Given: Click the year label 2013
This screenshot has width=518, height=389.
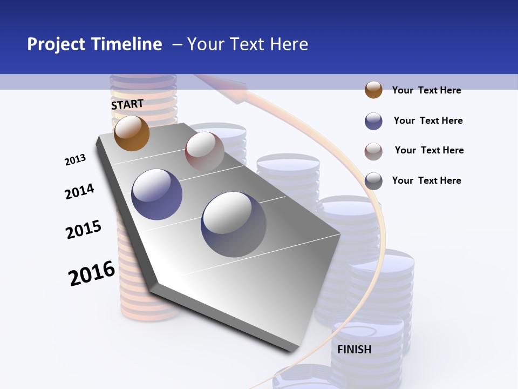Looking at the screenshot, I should click(75, 160).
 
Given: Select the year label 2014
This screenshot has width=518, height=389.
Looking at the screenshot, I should click(79, 191).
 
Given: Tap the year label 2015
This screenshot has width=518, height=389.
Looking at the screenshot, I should click(84, 229).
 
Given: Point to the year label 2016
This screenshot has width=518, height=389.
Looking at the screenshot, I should click(92, 273).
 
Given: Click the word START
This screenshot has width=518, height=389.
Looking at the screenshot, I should click(127, 104).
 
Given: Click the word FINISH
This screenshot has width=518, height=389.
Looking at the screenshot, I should click(354, 350).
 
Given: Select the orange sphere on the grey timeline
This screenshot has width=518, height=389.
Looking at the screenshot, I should click(132, 133).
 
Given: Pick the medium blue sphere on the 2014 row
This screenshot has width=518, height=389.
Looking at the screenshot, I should click(157, 194).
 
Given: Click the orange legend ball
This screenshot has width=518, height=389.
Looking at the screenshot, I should click(373, 90).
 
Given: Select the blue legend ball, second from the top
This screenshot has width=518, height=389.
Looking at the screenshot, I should click(373, 121).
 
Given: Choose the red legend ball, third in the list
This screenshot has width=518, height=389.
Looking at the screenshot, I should click(373, 151).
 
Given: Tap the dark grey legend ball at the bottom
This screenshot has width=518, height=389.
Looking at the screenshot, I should click(373, 181).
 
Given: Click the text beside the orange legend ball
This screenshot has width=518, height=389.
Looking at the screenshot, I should click(426, 90).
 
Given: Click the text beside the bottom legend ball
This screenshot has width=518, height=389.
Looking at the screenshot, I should click(426, 180).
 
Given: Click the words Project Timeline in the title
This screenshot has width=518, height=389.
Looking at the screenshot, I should click(94, 44).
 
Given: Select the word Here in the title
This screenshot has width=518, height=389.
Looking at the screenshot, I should click(289, 44).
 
